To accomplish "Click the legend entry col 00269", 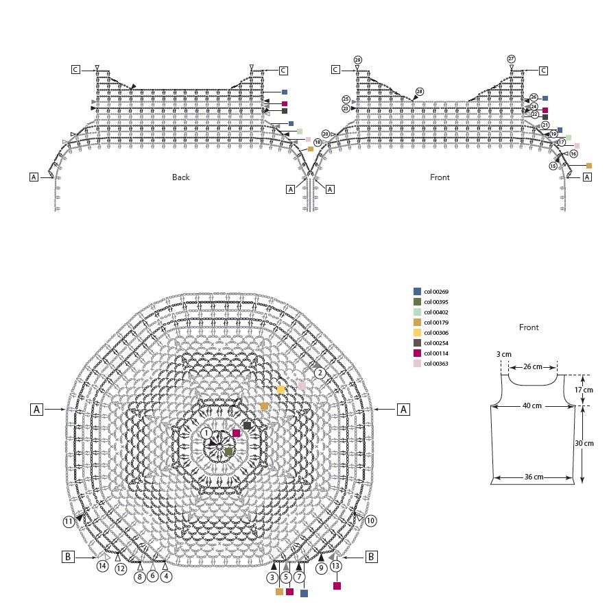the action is [x=431, y=292].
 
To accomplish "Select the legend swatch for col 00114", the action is [x=417, y=353].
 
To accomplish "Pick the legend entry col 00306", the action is [x=431, y=333].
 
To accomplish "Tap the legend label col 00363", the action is [x=436, y=364].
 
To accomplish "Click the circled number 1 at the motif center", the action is [x=206, y=433].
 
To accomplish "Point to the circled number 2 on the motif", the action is [x=320, y=373].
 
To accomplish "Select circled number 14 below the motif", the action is [x=103, y=566].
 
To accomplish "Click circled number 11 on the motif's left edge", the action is [x=69, y=521].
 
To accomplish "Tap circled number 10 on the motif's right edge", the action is [x=370, y=521].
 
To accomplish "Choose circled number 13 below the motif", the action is [x=335, y=566].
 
